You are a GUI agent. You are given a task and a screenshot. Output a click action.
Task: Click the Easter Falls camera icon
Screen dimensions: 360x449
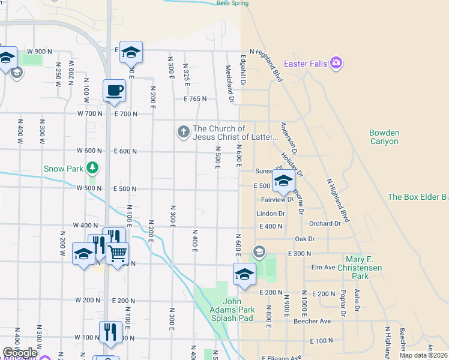tap(336, 62)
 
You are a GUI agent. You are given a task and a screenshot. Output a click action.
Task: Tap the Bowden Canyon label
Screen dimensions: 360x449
tap(384, 137)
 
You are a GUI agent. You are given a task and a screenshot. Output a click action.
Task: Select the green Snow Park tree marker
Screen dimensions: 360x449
tap(92, 167)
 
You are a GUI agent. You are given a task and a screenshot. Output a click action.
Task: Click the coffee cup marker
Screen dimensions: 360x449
tap(114, 91)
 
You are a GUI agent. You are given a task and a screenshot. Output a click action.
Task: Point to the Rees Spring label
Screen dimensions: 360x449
tap(232, 2)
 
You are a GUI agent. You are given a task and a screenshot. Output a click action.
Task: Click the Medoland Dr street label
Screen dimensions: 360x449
tap(229, 83)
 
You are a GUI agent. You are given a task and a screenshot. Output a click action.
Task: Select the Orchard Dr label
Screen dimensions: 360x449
tap(325, 223)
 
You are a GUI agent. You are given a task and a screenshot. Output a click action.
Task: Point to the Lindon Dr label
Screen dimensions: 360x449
tap(270, 213)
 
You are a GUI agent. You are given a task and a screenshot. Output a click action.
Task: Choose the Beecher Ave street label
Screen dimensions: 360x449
tap(312, 321)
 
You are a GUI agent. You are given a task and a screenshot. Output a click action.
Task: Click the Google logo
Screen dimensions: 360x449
tap(20, 353)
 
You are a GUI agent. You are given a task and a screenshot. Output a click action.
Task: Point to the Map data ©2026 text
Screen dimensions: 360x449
tap(423, 355)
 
